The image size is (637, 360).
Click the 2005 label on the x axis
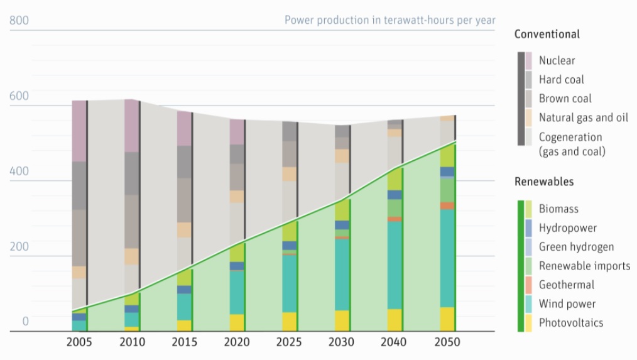click(79, 342)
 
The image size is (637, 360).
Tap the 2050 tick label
click(447, 342)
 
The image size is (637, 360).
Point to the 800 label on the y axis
click(19, 21)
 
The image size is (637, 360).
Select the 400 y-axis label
click(19, 171)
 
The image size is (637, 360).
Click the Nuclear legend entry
click(557, 60)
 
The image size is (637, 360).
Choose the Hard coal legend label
click(561, 79)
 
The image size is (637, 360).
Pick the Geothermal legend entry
click(566, 285)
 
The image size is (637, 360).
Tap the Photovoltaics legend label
click(570, 322)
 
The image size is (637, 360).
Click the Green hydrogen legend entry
click(576, 247)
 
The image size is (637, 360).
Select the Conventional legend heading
click(547, 34)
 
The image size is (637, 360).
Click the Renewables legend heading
click(544, 182)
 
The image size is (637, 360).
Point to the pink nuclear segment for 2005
click(79, 131)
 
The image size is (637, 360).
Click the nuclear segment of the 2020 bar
click(237, 132)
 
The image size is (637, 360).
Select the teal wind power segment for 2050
click(447, 258)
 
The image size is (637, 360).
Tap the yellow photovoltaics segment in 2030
click(342, 320)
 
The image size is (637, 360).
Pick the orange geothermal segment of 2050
click(447, 205)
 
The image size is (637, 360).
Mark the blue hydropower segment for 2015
click(184, 290)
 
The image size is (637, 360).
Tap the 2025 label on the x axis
click(289, 342)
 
